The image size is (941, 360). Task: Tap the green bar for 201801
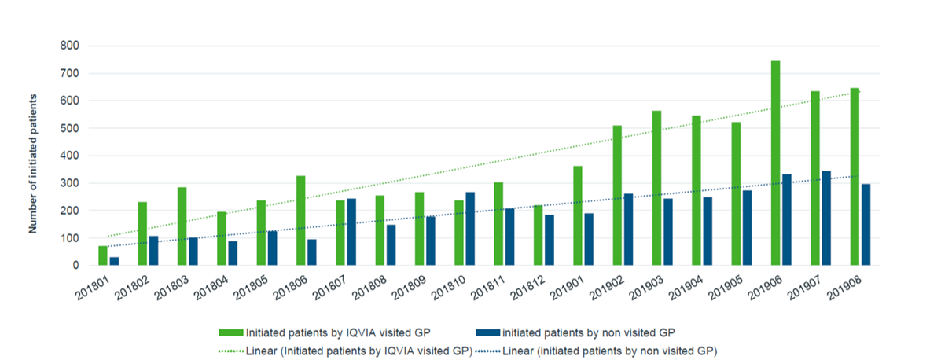(103, 255)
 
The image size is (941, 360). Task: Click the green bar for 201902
(617, 196)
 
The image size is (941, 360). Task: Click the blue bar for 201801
(114, 261)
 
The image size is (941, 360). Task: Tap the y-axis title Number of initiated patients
(33, 163)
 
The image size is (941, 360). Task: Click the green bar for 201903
(656, 188)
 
